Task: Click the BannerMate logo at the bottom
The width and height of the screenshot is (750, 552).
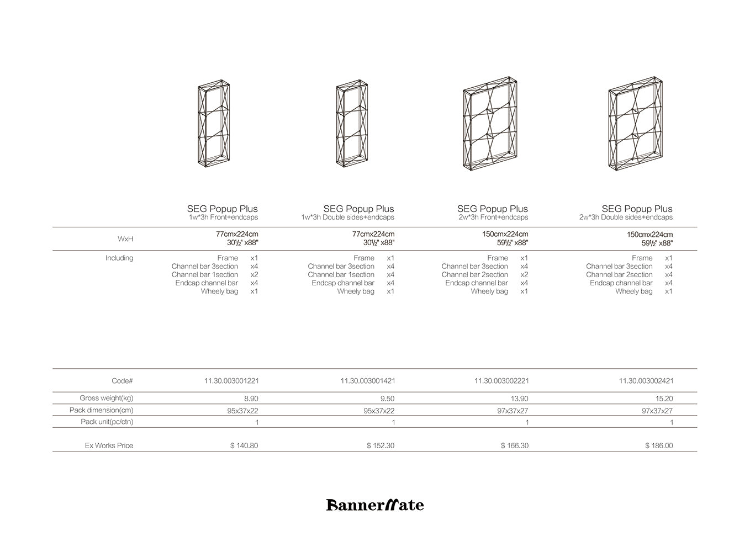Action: tap(375, 505)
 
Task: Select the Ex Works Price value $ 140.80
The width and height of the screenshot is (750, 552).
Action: tap(244, 445)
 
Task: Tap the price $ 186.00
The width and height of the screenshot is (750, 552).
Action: tap(659, 445)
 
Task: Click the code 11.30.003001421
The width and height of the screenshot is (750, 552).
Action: tap(368, 381)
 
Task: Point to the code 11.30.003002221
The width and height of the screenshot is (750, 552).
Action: tap(501, 381)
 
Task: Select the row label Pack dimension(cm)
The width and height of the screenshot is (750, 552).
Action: tap(102, 410)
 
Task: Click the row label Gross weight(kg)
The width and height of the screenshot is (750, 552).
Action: tap(107, 398)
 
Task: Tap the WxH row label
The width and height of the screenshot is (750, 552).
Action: tap(125, 239)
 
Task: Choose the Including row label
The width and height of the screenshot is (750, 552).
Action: tap(119, 258)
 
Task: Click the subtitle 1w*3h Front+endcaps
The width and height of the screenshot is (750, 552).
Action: tap(223, 217)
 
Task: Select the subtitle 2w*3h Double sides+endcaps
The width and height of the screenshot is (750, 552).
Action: tap(626, 217)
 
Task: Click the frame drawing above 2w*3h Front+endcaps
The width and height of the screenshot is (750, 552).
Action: tap(490, 123)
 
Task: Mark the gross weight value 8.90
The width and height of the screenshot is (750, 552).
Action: tap(251, 399)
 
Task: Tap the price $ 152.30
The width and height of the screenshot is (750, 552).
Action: tap(381, 445)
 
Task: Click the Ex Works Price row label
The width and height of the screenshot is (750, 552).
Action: tap(109, 445)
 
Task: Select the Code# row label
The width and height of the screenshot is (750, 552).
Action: tap(122, 381)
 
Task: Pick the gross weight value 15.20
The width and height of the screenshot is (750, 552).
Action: tap(664, 399)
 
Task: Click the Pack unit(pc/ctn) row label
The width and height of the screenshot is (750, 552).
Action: tap(107, 422)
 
